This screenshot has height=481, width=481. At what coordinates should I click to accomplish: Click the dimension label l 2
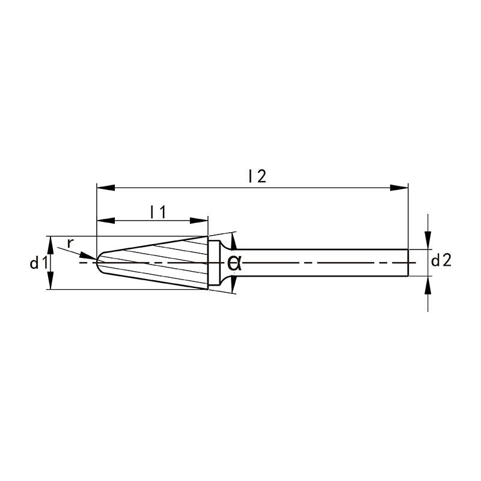pyautogui.click(x=258, y=176)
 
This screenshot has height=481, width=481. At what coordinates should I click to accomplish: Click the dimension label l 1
pyautogui.click(x=158, y=212)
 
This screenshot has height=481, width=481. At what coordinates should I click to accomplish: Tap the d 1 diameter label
pyautogui.click(x=38, y=263)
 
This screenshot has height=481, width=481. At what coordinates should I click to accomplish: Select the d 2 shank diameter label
pyautogui.click(x=441, y=261)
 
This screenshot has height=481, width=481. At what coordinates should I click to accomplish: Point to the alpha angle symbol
pyautogui.click(x=234, y=263)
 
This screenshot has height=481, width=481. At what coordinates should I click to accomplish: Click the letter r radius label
pyautogui.click(x=70, y=243)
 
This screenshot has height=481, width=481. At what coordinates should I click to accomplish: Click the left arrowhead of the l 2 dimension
pyautogui.click(x=106, y=188)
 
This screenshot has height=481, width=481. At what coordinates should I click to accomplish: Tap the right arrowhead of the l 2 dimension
pyautogui.click(x=399, y=188)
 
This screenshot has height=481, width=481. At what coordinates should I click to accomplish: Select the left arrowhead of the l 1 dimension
pyautogui.click(x=106, y=221)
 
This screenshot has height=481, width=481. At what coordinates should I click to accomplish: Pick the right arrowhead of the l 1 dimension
pyautogui.click(x=199, y=221)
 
